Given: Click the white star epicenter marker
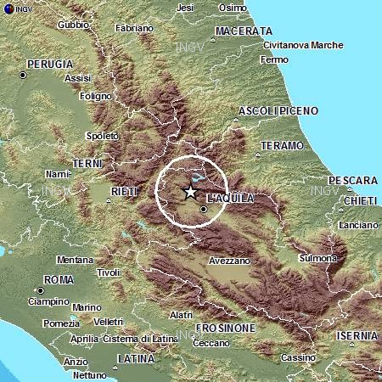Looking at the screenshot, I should pos(190,193).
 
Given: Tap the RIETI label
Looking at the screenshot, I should pos(123,191).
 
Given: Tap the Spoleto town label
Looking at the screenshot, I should pos(103,136).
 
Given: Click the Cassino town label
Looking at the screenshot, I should pos(298,358).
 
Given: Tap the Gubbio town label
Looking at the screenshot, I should pos(73,25).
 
